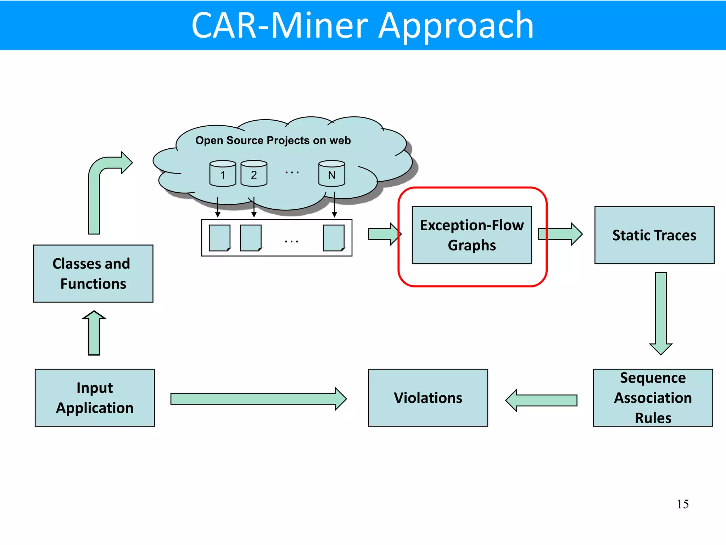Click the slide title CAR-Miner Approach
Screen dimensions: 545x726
[362, 26]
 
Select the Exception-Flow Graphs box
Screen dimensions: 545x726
[471, 235]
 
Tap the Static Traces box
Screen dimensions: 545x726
[654, 235]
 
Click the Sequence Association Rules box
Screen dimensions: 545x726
[653, 398]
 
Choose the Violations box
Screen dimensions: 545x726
[428, 398]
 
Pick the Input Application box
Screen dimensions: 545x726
[95, 398]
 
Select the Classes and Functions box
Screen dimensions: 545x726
[93, 274]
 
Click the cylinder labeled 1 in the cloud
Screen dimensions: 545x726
[223, 174]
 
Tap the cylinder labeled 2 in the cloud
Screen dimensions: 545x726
[254, 174]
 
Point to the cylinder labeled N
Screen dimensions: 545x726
[331, 174]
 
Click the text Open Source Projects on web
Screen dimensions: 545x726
[273, 141]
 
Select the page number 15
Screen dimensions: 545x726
[682, 504]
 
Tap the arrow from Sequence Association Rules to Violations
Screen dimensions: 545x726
[542, 400]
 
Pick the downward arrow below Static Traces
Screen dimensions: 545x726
[661, 312]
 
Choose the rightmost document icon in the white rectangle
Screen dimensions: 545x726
[334, 238]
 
